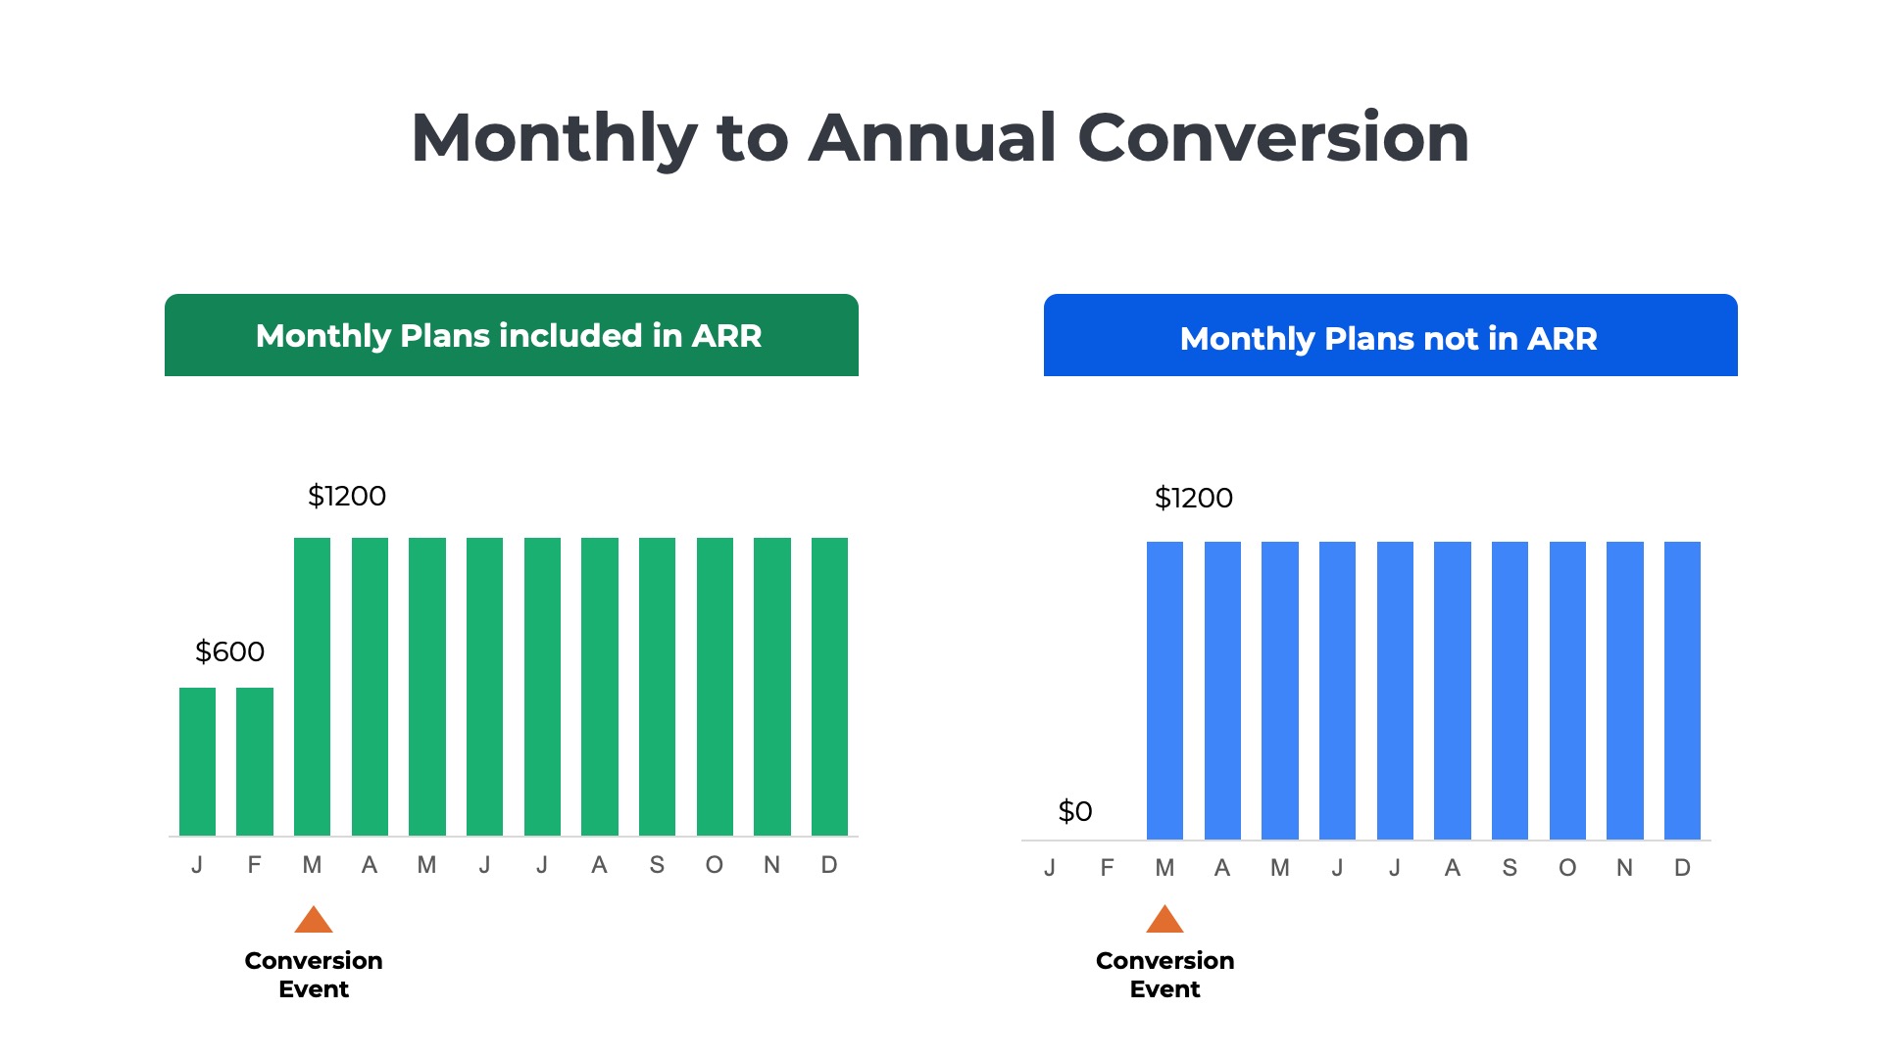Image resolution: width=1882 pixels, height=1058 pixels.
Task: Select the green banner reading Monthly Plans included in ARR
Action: pyautogui.click(x=511, y=335)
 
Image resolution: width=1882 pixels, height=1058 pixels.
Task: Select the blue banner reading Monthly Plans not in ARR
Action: pyautogui.click(x=1390, y=335)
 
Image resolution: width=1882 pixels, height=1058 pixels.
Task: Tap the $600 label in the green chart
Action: pyautogui.click(x=229, y=651)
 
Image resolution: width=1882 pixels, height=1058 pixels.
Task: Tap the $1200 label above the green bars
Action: pyautogui.click(x=347, y=496)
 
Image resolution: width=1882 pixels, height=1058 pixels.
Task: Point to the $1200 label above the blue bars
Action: pyautogui.click(x=1193, y=498)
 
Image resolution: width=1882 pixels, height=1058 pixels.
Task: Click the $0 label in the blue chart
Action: pyautogui.click(x=1074, y=811)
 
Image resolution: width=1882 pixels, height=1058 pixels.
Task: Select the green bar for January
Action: pyautogui.click(x=197, y=761)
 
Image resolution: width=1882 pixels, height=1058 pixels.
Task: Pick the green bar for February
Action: pyautogui.click(x=255, y=761)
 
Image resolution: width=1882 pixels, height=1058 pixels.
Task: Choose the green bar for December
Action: pyautogui.click(x=829, y=686)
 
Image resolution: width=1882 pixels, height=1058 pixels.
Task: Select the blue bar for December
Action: pyautogui.click(x=1682, y=690)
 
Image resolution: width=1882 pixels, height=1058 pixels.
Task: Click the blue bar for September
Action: pyautogui.click(x=1510, y=690)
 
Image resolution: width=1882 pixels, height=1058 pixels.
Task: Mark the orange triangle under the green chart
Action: pyautogui.click(x=314, y=921)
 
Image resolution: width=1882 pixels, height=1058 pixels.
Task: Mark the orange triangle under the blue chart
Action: pyautogui.click(x=1164, y=921)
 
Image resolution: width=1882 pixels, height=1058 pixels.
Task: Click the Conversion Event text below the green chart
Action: pyautogui.click(x=314, y=974)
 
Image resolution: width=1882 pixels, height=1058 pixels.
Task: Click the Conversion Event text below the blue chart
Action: pyautogui.click(x=1164, y=974)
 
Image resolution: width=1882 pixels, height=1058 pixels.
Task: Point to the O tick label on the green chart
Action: pyautogui.click(x=714, y=865)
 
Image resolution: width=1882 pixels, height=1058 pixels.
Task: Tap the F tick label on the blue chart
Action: pyautogui.click(x=1107, y=868)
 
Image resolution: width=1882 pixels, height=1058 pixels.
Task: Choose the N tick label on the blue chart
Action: pyautogui.click(x=1624, y=868)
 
